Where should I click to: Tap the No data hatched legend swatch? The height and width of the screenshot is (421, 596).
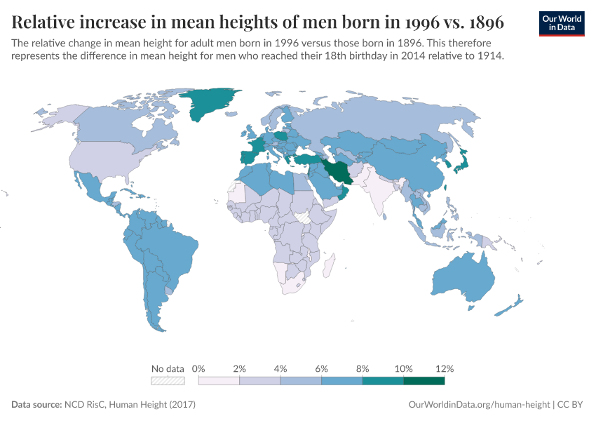pyautogui.click(x=168, y=381)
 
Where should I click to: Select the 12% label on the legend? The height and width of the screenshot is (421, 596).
pyautogui.click(x=445, y=368)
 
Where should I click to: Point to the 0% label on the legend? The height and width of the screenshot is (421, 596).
pyautogui.click(x=198, y=368)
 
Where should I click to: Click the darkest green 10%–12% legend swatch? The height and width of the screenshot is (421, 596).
pyautogui.click(x=424, y=381)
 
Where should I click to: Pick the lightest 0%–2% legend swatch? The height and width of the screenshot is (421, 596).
pyautogui.click(x=219, y=381)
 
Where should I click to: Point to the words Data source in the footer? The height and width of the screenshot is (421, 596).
pyautogui.click(x=36, y=405)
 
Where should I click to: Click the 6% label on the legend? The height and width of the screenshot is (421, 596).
pyautogui.click(x=322, y=368)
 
